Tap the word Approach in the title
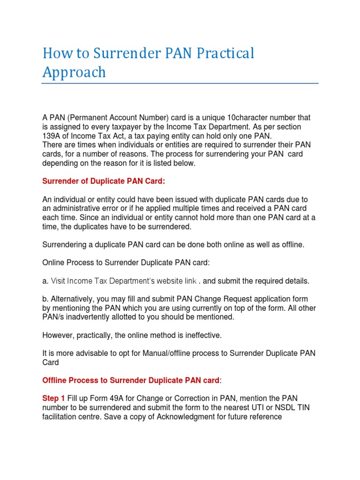(x=74, y=73)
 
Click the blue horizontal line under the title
(x=180, y=83)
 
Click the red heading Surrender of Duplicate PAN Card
(x=104, y=181)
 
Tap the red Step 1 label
(x=54, y=398)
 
